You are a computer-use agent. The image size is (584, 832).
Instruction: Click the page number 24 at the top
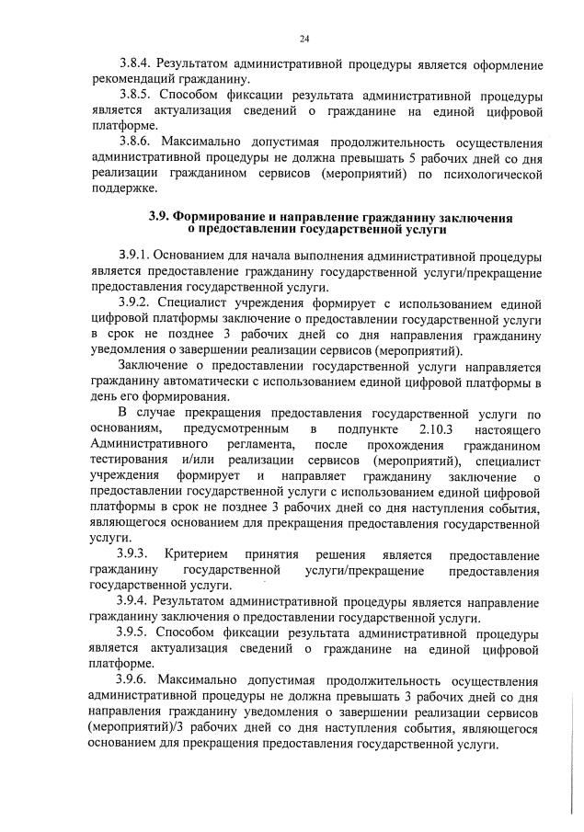[x=303, y=39]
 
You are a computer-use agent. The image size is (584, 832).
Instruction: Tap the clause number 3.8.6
[x=136, y=142]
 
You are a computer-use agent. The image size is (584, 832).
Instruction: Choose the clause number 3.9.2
[x=136, y=301]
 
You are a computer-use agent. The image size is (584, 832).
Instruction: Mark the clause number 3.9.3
[x=137, y=555]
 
